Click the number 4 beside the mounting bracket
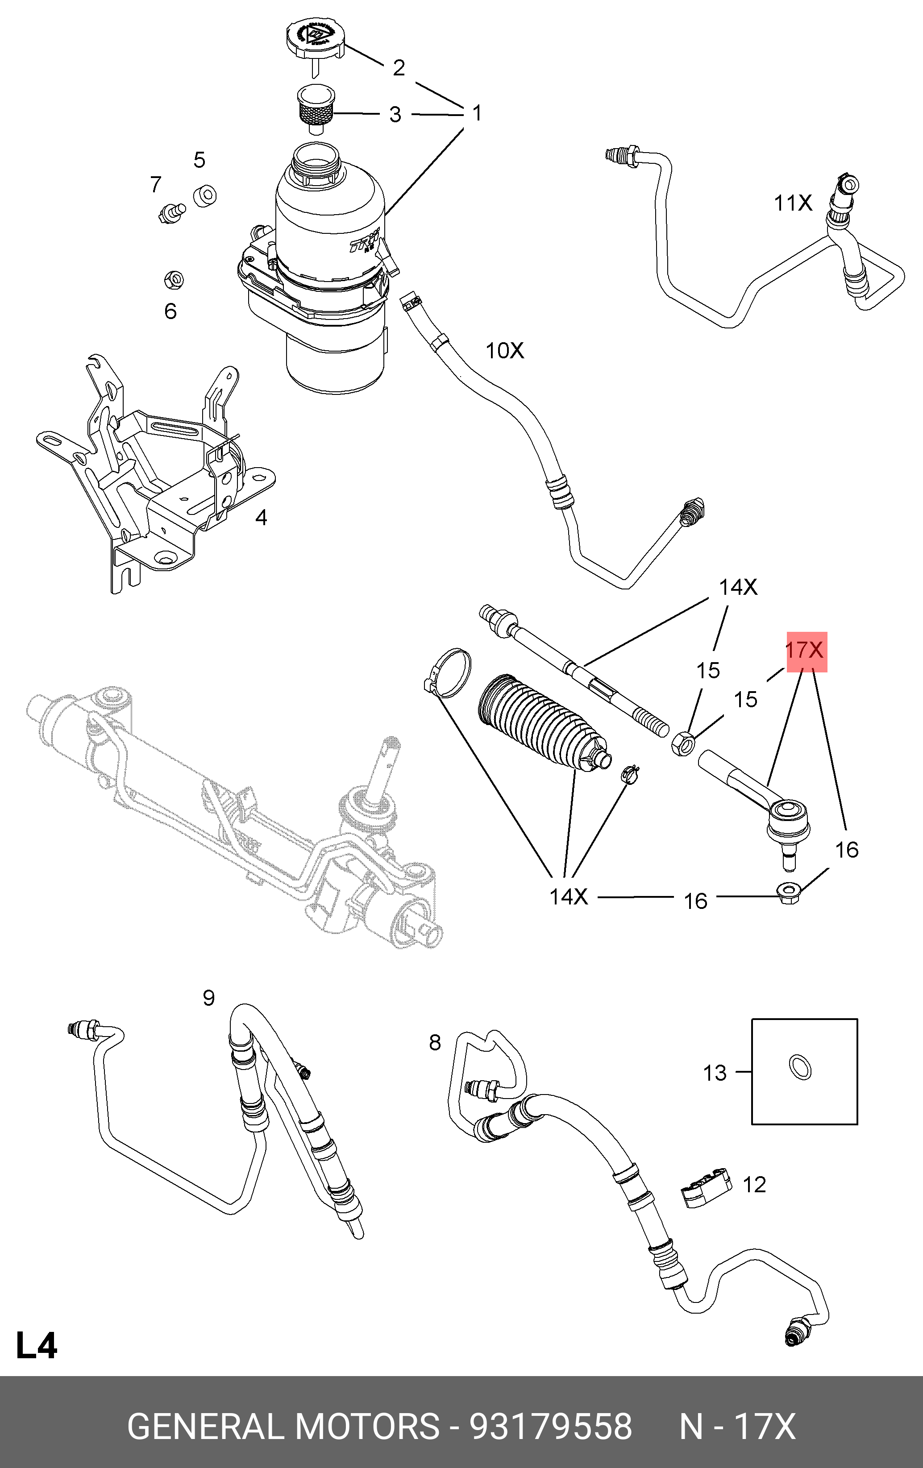coord(261,518)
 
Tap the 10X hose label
coord(504,351)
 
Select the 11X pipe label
coord(793,203)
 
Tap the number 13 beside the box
coord(715,1073)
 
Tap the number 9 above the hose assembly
coord(208,998)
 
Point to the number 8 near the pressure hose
coord(435,1043)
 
